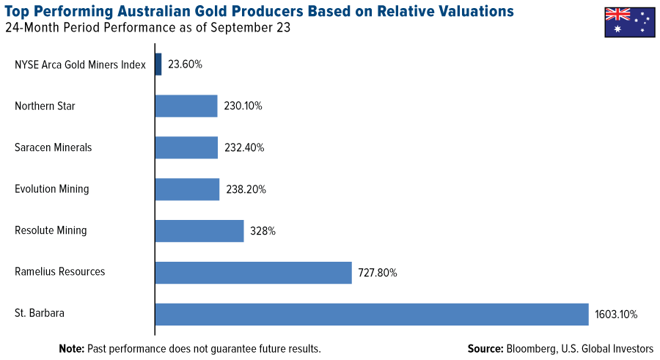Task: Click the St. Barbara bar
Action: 371,314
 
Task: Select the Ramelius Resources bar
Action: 253,273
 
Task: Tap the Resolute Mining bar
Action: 199,231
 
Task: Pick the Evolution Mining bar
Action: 187,189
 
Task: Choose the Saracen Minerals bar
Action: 186,147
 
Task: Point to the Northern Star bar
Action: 186,106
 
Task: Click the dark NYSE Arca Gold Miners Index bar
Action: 158,65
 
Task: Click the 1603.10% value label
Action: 617,315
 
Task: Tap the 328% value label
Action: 263,231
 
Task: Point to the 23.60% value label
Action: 185,65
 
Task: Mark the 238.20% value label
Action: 246,189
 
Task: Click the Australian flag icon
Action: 629,21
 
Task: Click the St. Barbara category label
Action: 40,313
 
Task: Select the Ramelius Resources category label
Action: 59,272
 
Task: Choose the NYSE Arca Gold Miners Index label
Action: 80,65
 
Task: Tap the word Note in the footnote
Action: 71,348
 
